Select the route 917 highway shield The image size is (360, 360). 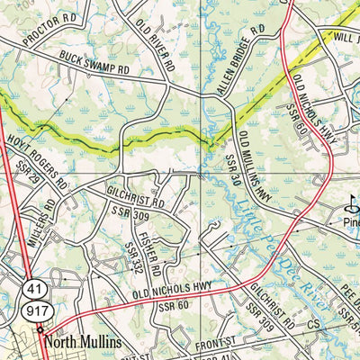click(32, 311)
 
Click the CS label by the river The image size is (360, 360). click(313, 323)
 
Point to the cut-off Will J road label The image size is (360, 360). click(342, 40)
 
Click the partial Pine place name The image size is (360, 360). click(349, 220)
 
